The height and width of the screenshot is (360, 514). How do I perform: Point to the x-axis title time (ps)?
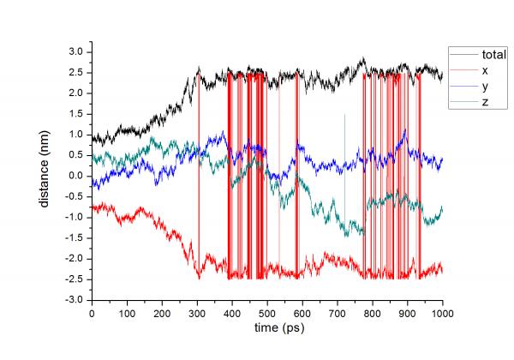(x=267, y=327)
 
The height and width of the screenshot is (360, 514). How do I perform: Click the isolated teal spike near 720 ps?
(x=344, y=129)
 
